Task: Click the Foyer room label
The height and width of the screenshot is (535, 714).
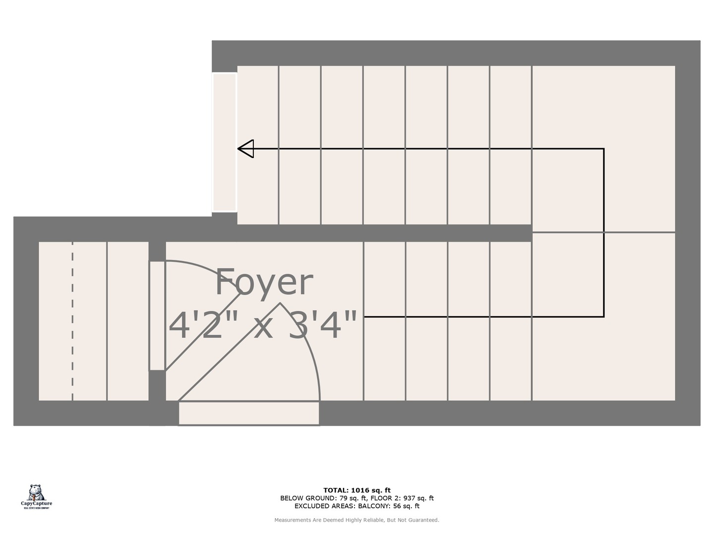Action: pyautogui.click(x=264, y=282)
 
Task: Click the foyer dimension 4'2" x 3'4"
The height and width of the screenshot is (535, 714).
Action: pyautogui.click(x=263, y=325)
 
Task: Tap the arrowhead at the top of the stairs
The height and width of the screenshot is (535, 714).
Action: pyautogui.click(x=246, y=149)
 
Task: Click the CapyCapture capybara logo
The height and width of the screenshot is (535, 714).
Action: pyautogui.click(x=36, y=493)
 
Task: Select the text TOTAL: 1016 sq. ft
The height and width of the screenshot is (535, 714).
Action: pyautogui.click(x=357, y=490)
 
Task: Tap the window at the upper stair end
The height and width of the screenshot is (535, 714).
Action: pyautogui.click(x=225, y=143)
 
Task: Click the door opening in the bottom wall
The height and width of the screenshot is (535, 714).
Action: pyautogui.click(x=248, y=413)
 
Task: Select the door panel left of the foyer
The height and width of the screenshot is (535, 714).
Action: pyautogui.click(x=157, y=316)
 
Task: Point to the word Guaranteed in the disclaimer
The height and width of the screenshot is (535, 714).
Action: pyautogui.click(x=424, y=520)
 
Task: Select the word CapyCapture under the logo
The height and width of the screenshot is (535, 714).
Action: pyautogui.click(x=36, y=504)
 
